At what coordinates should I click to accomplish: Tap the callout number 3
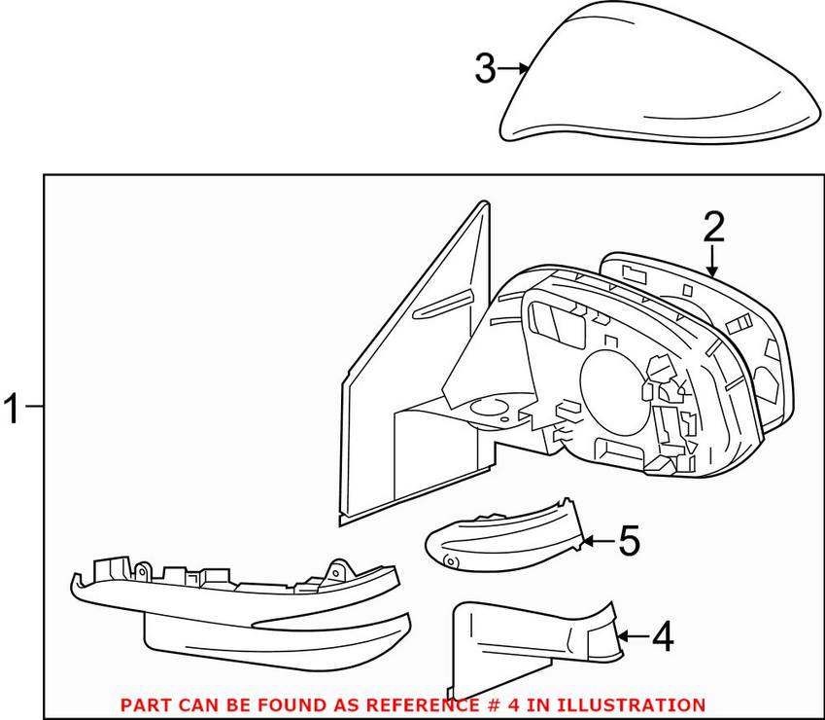486,69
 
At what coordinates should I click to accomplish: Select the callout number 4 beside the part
662,637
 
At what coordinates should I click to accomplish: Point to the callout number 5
629,541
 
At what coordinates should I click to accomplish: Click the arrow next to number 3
516,68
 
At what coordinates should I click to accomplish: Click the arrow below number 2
712,264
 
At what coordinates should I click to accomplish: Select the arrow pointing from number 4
631,636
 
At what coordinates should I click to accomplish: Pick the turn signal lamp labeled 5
505,535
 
